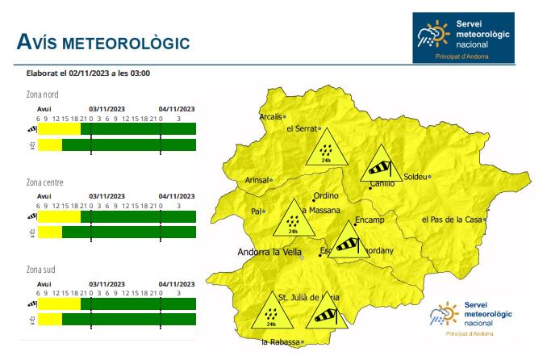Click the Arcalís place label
(x=271, y=116)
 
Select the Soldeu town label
(x=414, y=176)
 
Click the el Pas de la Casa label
(x=452, y=220)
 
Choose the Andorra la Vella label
(x=268, y=253)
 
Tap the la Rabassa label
(x=280, y=342)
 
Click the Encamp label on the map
(x=369, y=220)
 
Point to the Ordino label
(x=325, y=195)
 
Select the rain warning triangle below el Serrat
(x=327, y=149)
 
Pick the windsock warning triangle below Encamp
(x=347, y=243)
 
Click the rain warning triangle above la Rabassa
(x=271, y=312)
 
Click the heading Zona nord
(x=43, y=94)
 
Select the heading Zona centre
(x=45, y=182)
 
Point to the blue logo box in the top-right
(x=462, y=37)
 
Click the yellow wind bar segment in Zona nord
(x=59, y=128)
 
